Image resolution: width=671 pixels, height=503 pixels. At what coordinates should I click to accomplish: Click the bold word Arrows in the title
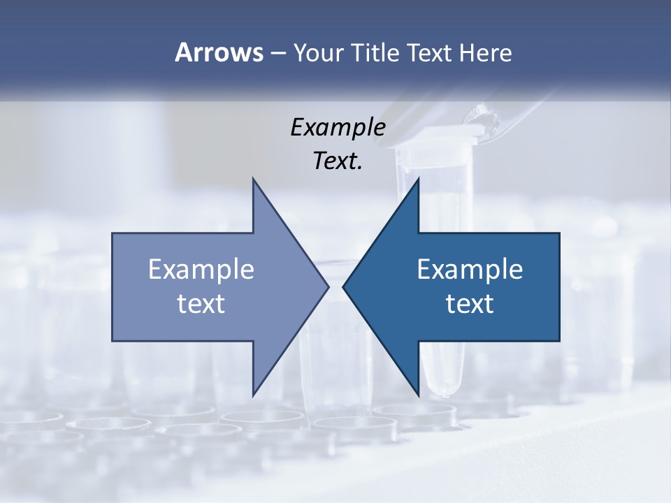click(218, 52)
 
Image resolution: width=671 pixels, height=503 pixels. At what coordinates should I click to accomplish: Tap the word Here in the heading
click(485, 52)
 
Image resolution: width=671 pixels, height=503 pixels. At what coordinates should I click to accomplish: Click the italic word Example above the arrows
click(338, 127)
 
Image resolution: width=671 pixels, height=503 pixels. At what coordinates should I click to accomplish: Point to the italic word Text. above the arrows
click(338, 161)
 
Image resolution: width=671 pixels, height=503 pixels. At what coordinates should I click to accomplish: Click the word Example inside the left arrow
click(201, 269)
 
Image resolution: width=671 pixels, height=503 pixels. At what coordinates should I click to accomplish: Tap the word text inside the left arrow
click(201, 303)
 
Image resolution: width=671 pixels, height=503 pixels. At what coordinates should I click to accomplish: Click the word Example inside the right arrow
click(470, 269)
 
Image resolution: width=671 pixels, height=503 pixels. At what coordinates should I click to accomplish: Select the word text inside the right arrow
click(470, 303)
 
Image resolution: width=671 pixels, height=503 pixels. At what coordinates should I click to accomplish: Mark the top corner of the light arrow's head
click(253, 180)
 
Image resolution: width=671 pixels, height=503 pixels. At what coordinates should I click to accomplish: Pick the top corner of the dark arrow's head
click(418, 180)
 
